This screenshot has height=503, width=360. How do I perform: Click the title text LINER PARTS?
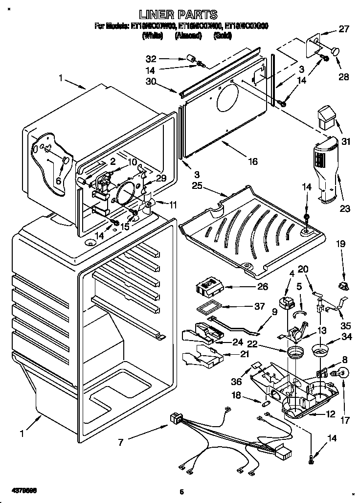(178, 15)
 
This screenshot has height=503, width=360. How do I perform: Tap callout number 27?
(344, 29)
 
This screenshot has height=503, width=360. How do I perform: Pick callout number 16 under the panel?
(252, 161)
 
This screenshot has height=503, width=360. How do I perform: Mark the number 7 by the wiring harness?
(120, 442)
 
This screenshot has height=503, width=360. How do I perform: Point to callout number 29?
(161, 178)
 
